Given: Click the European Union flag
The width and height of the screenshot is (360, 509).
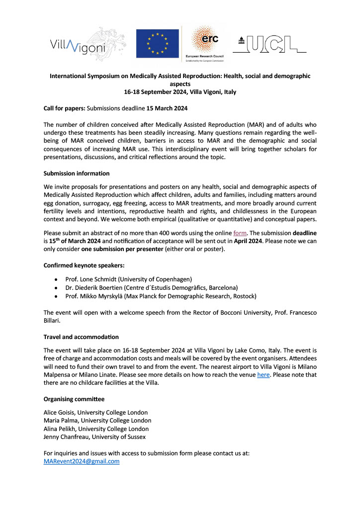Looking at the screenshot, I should [x=157, y=44].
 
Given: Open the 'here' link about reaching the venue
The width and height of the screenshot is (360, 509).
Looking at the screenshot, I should [x=263, y=374].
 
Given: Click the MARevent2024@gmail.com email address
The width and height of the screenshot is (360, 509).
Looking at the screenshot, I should [x=82, y=461].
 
